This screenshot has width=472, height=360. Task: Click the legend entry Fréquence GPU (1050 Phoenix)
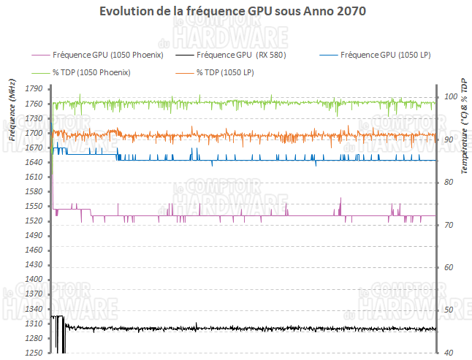[x=107, y=55]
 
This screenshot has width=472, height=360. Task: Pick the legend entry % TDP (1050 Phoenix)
[x=91, y=72]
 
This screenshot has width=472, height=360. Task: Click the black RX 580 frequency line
[x=256, y=329]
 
